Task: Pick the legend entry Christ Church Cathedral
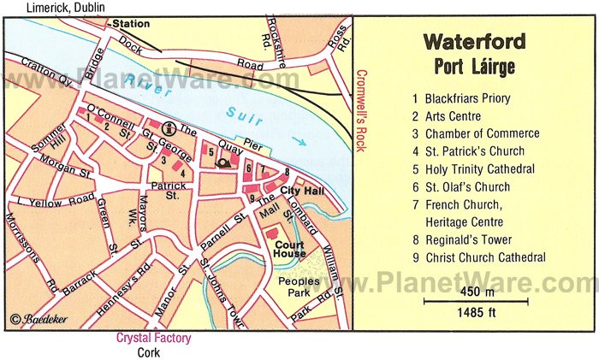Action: tap(484, 257)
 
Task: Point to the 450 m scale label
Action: tap(475, 292)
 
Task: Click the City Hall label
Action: tap(299, 190)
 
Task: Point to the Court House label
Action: tap(291, 248)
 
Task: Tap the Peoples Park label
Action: tap(294, 286)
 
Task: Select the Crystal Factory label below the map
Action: tap(154, 338)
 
